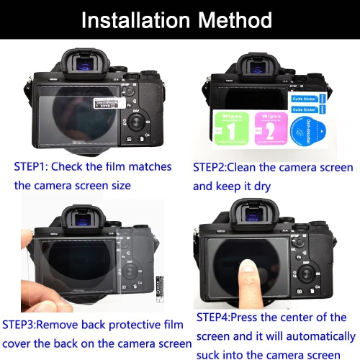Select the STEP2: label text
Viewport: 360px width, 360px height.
click(x=212, y=167)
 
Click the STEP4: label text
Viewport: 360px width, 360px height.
click(x=214, y=317)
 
